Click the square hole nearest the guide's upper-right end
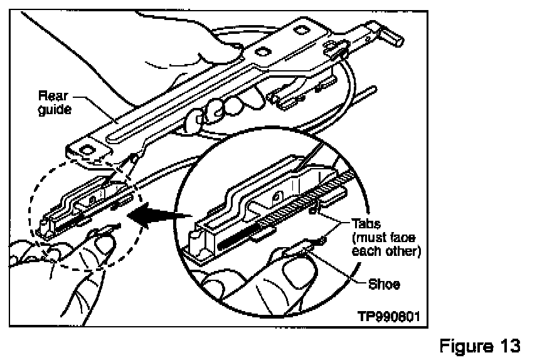click(x=302, y=28)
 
